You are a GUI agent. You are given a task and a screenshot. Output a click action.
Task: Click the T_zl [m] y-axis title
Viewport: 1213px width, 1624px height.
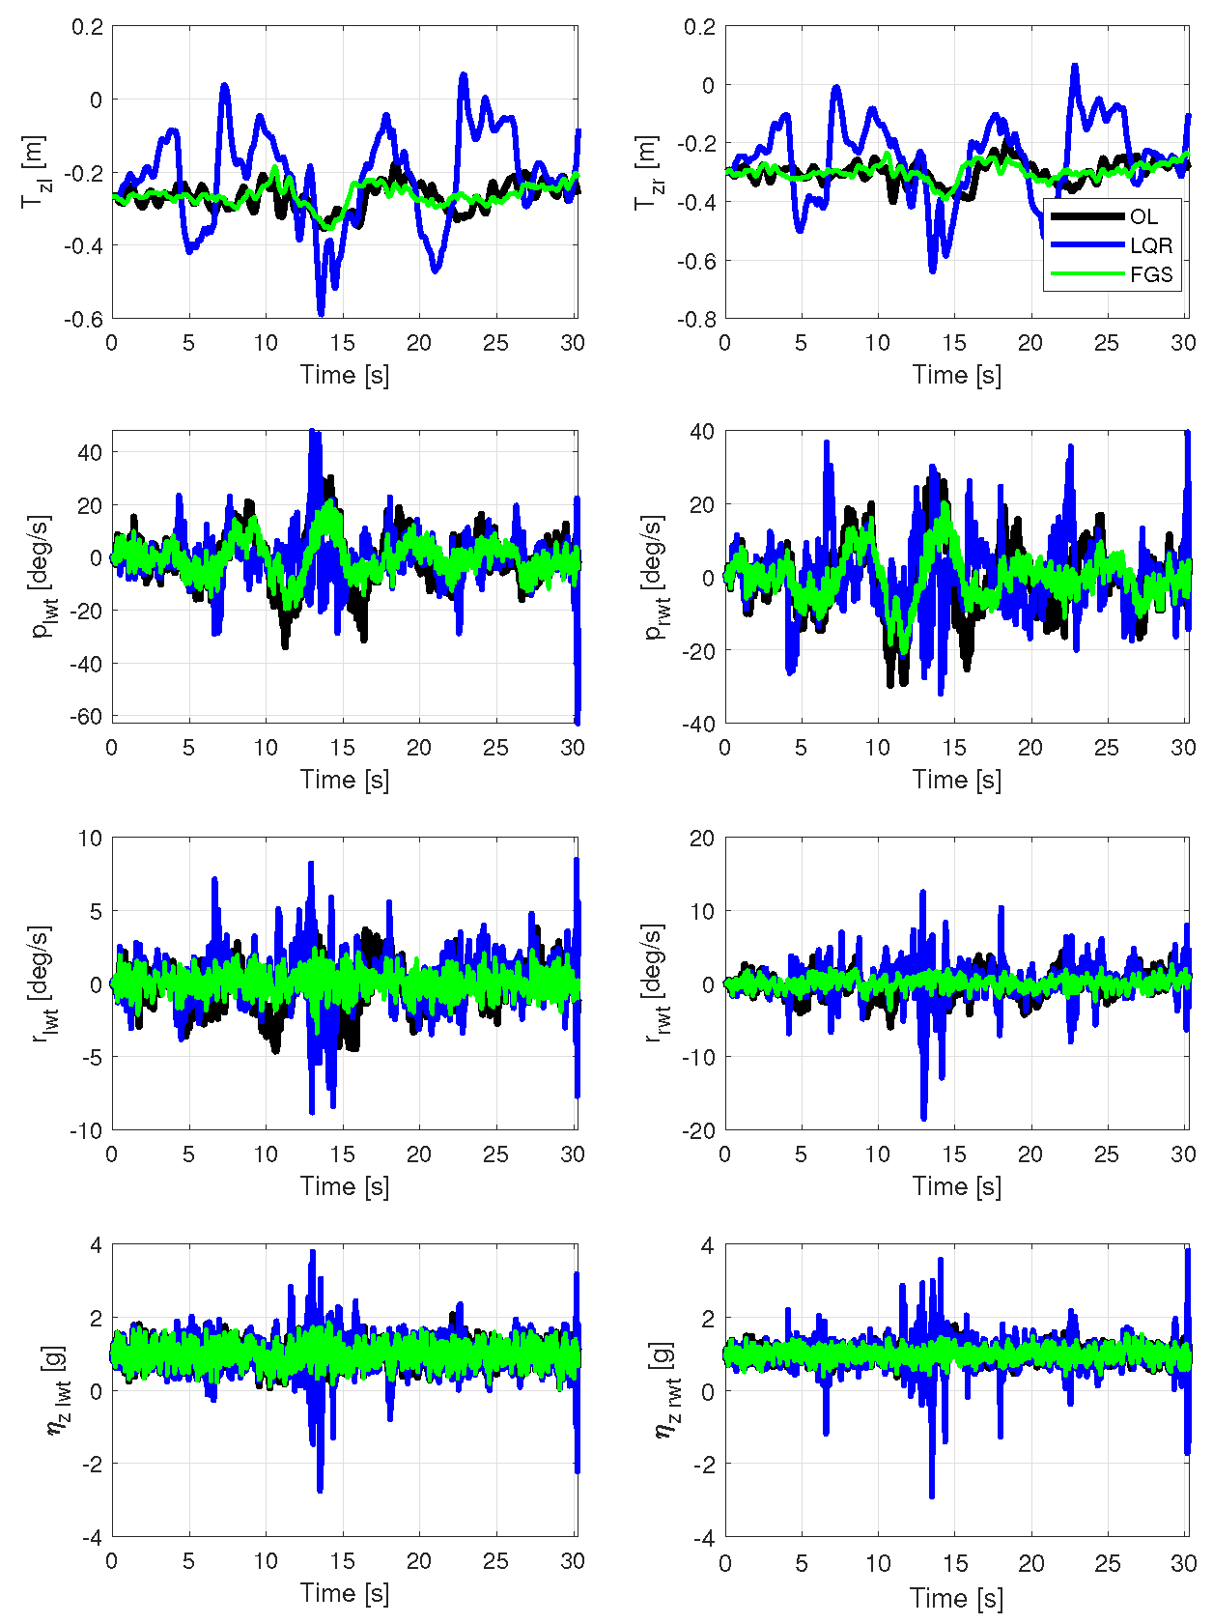pyautogui.click(x=35, y=172)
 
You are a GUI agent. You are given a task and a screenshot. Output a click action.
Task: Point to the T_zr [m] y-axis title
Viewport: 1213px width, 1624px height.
pyautogui.click(x=647, y=172)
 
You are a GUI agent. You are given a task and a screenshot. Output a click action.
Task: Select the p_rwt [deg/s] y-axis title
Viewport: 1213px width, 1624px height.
pyautogui.click(x=653, y=576)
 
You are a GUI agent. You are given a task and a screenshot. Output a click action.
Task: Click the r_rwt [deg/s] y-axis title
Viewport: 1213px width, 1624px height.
pyautogui.click(x=653, y=983)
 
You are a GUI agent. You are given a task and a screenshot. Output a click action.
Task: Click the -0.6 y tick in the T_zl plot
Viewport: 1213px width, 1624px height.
pyautogui.click(x=83, y=319)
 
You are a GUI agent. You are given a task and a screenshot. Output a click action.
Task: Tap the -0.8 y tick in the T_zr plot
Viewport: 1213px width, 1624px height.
pyautogui.click(x=695, y=319)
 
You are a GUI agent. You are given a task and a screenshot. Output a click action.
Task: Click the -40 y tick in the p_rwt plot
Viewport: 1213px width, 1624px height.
pyautogui.click(x=699, y=724)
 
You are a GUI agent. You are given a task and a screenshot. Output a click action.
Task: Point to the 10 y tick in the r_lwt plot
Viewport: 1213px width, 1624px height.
pyautogui.click(x=91, y=838)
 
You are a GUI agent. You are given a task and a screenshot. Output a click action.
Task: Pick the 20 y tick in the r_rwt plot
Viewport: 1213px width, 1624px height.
pyautogui.click(x=703, y=838)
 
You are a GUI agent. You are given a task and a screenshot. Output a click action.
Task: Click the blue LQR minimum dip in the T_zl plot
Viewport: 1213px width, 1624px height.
pyautogui.click(x=321, y=313)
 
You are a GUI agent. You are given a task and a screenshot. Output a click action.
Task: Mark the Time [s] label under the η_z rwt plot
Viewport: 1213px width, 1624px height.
pyautogui.click(x=956, y=1598)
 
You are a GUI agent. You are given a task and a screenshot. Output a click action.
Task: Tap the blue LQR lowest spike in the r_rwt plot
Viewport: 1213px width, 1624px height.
pyautogui.click(x=923, y=1118)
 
